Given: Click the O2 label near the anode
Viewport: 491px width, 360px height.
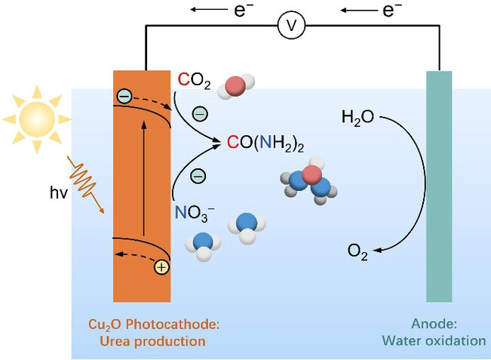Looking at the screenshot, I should [x=358, y=253].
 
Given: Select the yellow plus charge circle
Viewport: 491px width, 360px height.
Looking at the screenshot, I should [x=161, y=266].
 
